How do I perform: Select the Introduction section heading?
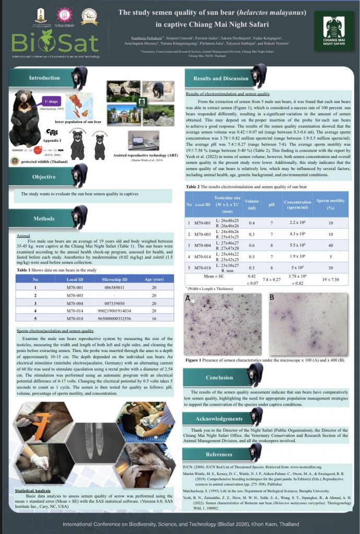(x=44, y=78)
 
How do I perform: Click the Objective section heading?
(x=44, y=177)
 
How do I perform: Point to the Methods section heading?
(x=44, y=219)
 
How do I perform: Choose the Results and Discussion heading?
(x=221, y=79)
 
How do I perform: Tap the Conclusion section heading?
(x=219, y=378)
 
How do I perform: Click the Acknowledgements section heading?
(x=219, y=419)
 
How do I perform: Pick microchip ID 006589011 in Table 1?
(x=113, y=287)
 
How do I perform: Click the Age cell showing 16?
(x=154, y=318)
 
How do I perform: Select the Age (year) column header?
(x=154, y=279)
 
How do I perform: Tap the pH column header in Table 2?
(x=271, y=204)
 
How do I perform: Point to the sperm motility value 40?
(x=330, y=245)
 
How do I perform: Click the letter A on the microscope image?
(x=188, y=298)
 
